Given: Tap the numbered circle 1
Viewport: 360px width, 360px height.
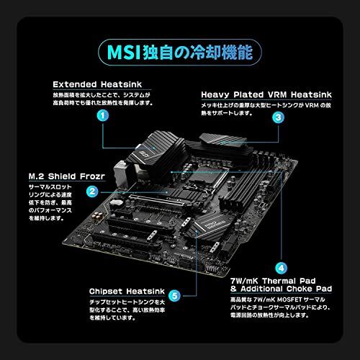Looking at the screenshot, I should click(104, 114).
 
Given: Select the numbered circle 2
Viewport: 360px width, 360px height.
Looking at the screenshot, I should click(92, 191).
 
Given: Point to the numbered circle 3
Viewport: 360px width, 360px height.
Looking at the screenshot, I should click(277, 114).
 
